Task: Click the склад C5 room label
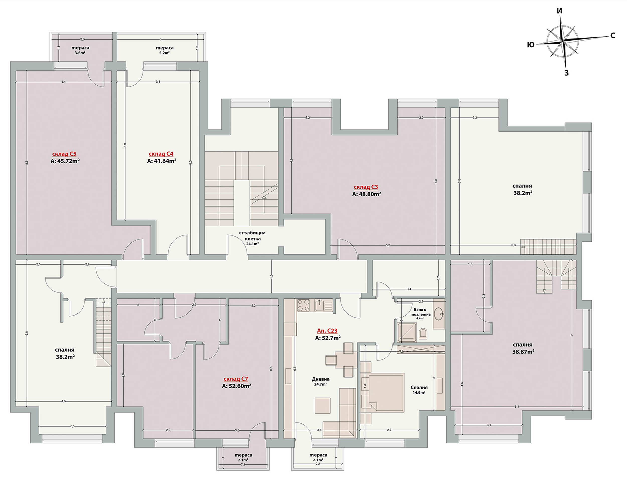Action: pos(64,154)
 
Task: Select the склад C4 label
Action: pos(161,154)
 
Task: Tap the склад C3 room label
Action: pos(366,187)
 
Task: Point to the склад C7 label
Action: pos(236,379)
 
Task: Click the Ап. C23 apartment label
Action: pos(327,331)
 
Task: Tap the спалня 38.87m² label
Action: pos(523,348)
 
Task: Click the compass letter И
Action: pos(559,11)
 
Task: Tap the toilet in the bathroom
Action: pos(423,334)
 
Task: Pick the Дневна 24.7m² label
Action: pos(321,381)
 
